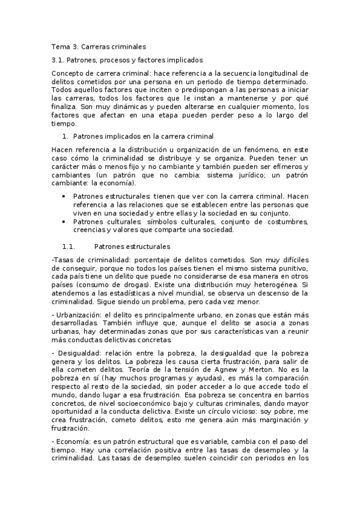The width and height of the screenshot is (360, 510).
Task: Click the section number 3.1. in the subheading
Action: tap(58, 60)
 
